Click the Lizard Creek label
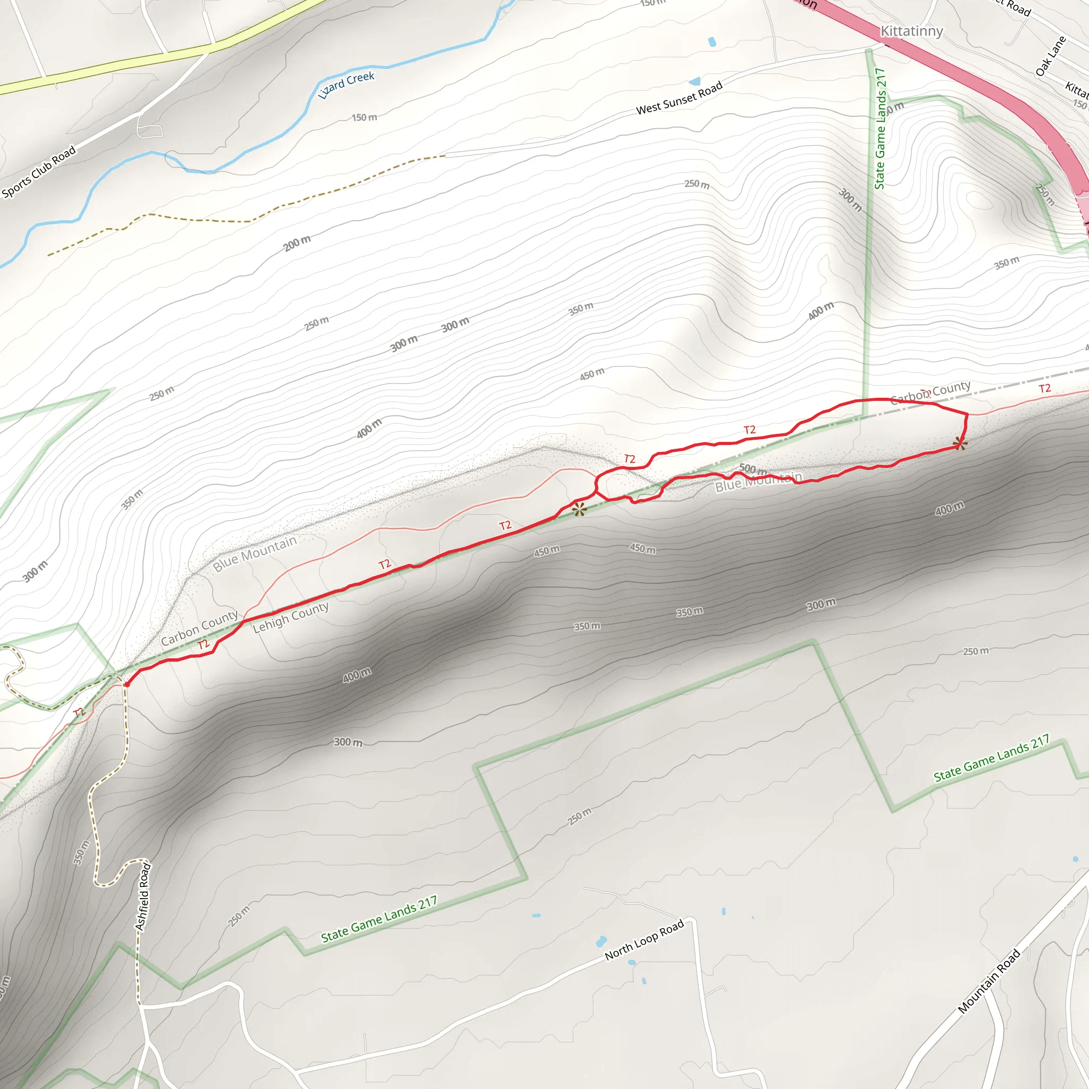click(346, 85)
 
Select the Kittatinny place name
click(911, 31)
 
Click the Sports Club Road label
click(38, 172)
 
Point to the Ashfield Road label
click(143, 896)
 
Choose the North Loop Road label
click(644, 939)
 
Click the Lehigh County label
click(290, 617)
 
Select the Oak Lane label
click(1051, 56)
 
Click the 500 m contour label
click(753, 469)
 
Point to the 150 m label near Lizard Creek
click(364, 117)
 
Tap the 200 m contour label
click(297, 243)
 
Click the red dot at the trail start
click(127, 684)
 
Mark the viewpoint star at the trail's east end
click(960, 443)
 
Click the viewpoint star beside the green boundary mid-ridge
click(580, 509)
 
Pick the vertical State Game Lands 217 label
click(880, 129)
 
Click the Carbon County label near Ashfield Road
click(199, 628)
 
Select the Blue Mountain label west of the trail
click(255, 554)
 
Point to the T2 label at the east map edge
click(1045, 388)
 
